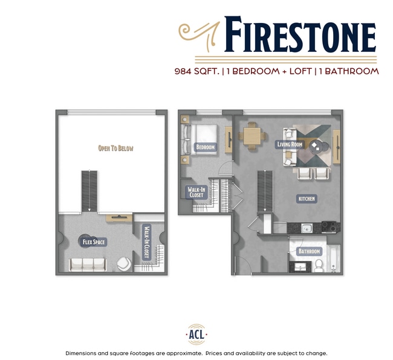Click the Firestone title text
pos(300,35)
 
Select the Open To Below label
pos(115,148)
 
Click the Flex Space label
pos(94,242)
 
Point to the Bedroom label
pos(205,147)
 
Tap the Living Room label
pos(289,144)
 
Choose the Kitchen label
pos(307,198)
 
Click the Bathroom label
pos(308,251)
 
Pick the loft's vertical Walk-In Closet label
pos(146,242)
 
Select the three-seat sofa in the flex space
pos(88,264)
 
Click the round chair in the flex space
pos(123,263)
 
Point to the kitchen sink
pos(307,229)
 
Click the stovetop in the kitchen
pos(330,227)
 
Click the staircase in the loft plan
pos(89,190)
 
